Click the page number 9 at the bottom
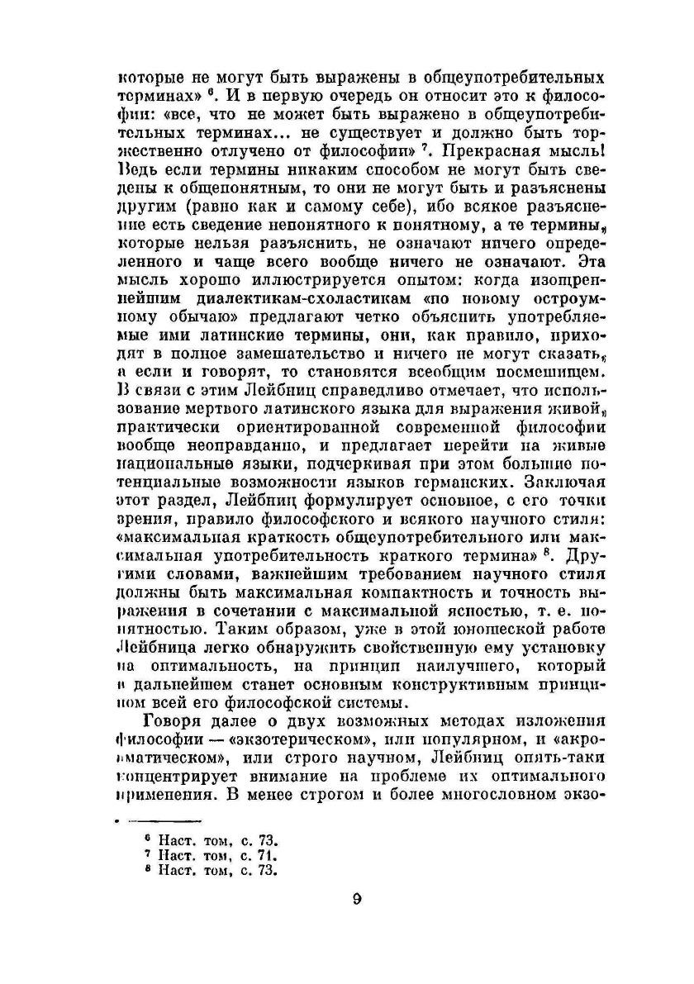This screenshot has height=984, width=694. point(356,899)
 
